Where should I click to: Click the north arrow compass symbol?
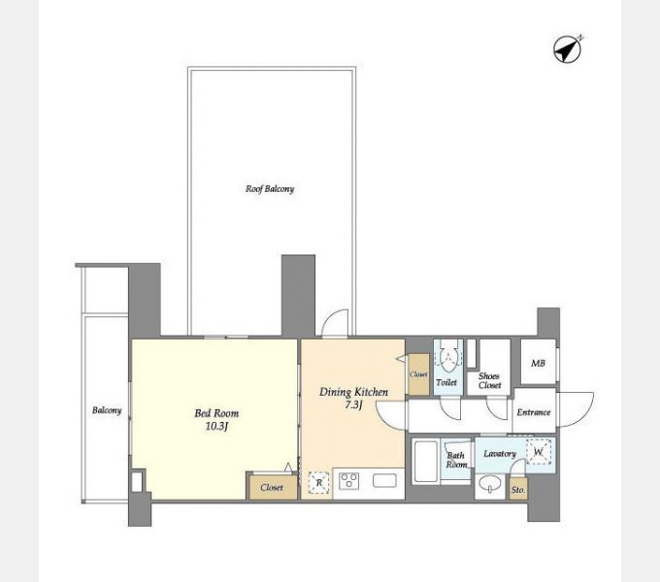(x=568, y=48)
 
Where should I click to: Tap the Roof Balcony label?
(x=270, y=189)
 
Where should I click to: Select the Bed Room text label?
(x=216, y=413)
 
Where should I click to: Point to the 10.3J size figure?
(x=216, y=427)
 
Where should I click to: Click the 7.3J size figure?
(x=353, y=404)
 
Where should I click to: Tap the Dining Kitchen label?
(x=353, y=392)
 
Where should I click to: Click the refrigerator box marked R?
(x=318, y=482)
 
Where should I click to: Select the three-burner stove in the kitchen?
(x=349, y=481)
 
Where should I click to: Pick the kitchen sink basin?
(x=384, y=481)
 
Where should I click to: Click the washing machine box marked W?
(x=539, y=452)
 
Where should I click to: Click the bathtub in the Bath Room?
(x=425, y=461)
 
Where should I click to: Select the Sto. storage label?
(x=518, y=490)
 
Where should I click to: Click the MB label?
(x=538, y=363)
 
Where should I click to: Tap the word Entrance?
(x=534, y=412)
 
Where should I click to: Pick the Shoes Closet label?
(x=489, y=380)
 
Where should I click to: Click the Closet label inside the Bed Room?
(x=272, y=487)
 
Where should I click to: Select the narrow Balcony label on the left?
(x=107, y=410)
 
